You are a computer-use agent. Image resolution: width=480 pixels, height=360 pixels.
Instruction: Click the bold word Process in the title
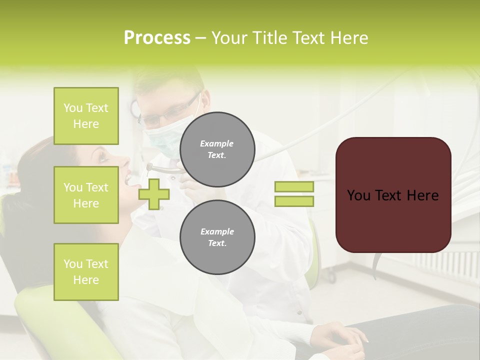click(x=157, y=38)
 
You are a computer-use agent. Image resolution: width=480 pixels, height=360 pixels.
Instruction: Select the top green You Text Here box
click(x=86, y=116)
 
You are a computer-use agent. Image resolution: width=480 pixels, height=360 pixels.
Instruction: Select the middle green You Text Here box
click(x=86, y=195)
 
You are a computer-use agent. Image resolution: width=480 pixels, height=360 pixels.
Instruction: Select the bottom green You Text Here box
click(x=86, y=271)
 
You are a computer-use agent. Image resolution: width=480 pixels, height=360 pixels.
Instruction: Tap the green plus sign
click(x=154, y=194)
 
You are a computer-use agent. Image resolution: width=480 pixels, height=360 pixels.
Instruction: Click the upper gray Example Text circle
click(x=217, y=149)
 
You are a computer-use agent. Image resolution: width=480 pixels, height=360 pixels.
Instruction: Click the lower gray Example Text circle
click(x=217, y=237)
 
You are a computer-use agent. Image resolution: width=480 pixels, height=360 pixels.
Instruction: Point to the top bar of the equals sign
click(x=294, y=186)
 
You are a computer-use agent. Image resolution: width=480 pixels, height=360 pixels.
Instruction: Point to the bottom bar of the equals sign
click(x=294, y=201)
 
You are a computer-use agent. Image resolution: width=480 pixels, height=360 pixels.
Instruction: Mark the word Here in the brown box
click(x=422, y=195)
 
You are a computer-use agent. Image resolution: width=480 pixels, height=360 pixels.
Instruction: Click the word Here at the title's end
click(x=350, y=38)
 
